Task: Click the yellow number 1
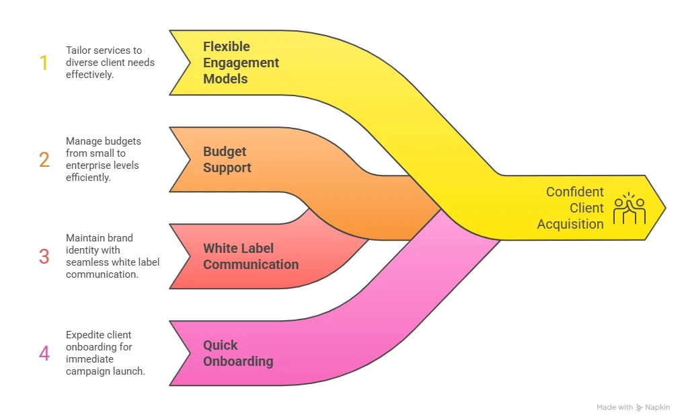(44, 63)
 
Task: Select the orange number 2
(44, 159)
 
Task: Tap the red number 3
(44, 256)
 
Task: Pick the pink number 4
(44, 353)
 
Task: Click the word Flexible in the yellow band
(227, 46)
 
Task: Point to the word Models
(225, 79)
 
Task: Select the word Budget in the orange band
(225, 151)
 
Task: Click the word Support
(227, 167)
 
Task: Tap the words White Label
(239, 248)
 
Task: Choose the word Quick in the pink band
(221, 345)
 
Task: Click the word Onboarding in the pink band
(238, 361)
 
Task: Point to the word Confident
(574, 192)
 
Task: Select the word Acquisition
(570, 224)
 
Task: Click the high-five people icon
(630, 208)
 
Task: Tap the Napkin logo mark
(640, 408)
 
